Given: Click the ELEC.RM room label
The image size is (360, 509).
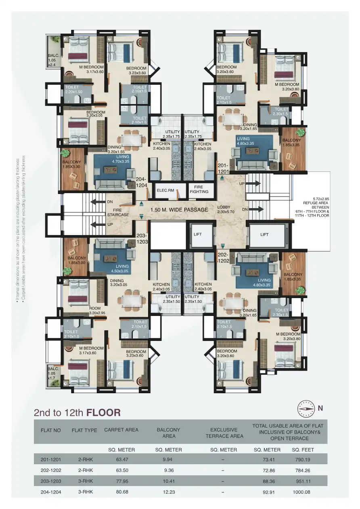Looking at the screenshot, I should pos(165,190).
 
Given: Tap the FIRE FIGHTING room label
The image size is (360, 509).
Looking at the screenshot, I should pos(199,190).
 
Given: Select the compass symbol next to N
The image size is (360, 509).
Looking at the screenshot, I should pos(306,409).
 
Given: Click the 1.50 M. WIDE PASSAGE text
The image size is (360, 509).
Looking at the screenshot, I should pos(179,210).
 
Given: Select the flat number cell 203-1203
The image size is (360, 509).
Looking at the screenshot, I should pos(51,481).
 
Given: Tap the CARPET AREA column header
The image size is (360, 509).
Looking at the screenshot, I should pos(121,430).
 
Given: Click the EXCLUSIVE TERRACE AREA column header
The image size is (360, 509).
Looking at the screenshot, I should pos(224,433).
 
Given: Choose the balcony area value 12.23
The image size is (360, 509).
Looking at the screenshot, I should pos(168,492).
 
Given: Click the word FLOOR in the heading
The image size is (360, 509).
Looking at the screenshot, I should pos(103,413).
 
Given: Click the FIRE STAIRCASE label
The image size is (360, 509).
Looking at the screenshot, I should pos(118,212).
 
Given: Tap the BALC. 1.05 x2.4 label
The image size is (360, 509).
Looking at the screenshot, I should pos(54,59).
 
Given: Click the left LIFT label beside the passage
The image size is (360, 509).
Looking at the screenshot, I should pos(197,234).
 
